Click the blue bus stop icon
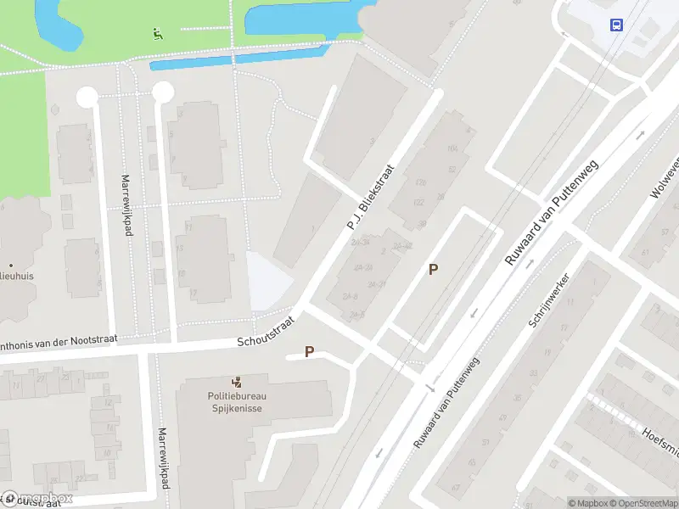pyautogui.click(x=616, y=25)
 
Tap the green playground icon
pyautogui.click(x=157, y=35)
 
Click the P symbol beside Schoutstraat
pyautogui.click(x=309, y=351)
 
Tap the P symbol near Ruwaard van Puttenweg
pyautogui.click(x=433, y=270)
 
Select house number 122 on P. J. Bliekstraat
pyautogui.click(x=418, y=203)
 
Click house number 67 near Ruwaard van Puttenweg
pyautogui.click(x=456, y=486)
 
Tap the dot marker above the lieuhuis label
pyautogui.click(x=11, y=265)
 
